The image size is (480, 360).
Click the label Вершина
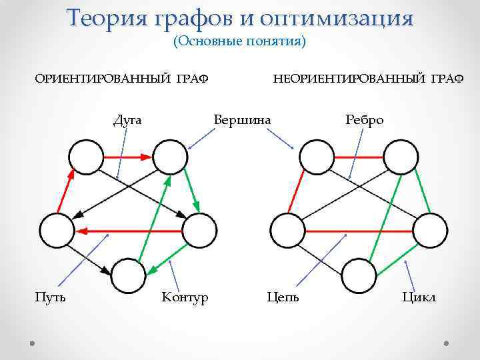pos(242,120)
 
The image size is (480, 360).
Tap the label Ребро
pos(365,120)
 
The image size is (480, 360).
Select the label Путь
pos(51,296)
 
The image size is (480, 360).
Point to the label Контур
pos(185,296)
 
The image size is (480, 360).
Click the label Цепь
pos(283,296)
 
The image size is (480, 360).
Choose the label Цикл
pos(419,296)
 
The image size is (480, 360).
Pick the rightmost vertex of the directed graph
pos(199,231)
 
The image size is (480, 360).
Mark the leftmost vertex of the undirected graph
pos(287,231)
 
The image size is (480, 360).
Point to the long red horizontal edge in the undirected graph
pos(359,231)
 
